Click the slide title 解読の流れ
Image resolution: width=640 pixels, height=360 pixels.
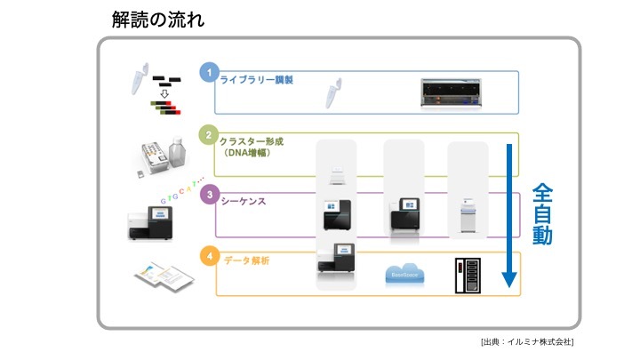158,18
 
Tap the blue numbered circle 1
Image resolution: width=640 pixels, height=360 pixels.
207,72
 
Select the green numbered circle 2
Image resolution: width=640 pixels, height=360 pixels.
207,136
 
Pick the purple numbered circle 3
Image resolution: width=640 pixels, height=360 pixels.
207,195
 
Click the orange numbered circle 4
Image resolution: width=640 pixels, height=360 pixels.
207,257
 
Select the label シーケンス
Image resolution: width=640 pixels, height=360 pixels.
248,202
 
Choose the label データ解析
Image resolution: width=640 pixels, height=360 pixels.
248,260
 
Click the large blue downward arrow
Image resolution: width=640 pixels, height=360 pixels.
509,213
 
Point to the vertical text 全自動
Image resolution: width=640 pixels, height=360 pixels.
543,214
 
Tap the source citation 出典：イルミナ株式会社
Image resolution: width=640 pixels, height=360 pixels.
526,342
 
